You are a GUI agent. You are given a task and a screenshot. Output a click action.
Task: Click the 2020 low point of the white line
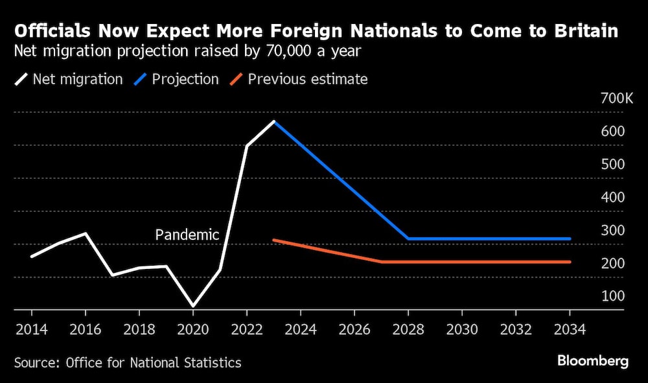(x=193, y=306)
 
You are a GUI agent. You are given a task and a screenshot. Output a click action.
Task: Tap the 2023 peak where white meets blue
(x=274, y=121)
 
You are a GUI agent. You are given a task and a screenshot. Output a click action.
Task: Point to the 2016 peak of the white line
(x=86, y=233)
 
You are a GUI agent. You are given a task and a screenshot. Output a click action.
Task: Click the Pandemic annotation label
(x=187, y=235)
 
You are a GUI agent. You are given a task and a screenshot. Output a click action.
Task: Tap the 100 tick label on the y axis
(x=614, y=296)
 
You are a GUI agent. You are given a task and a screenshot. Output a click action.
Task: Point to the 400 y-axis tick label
(x=614, y=197)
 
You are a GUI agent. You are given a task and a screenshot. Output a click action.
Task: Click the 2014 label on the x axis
(x=31, y=329)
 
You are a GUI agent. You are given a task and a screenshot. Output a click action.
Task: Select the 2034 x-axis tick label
(x=570, y=329)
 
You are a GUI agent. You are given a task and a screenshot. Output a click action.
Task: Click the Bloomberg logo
(x=592, y=362)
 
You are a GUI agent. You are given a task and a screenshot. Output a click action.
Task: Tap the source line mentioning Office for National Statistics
(x=127, y=362)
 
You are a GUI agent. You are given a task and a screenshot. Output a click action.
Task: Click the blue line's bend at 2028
(x=408, y=238)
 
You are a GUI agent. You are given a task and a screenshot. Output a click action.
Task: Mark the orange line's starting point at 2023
(x=274, y=240)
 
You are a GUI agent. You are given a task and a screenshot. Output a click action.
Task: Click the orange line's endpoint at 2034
(x=570, y=262)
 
